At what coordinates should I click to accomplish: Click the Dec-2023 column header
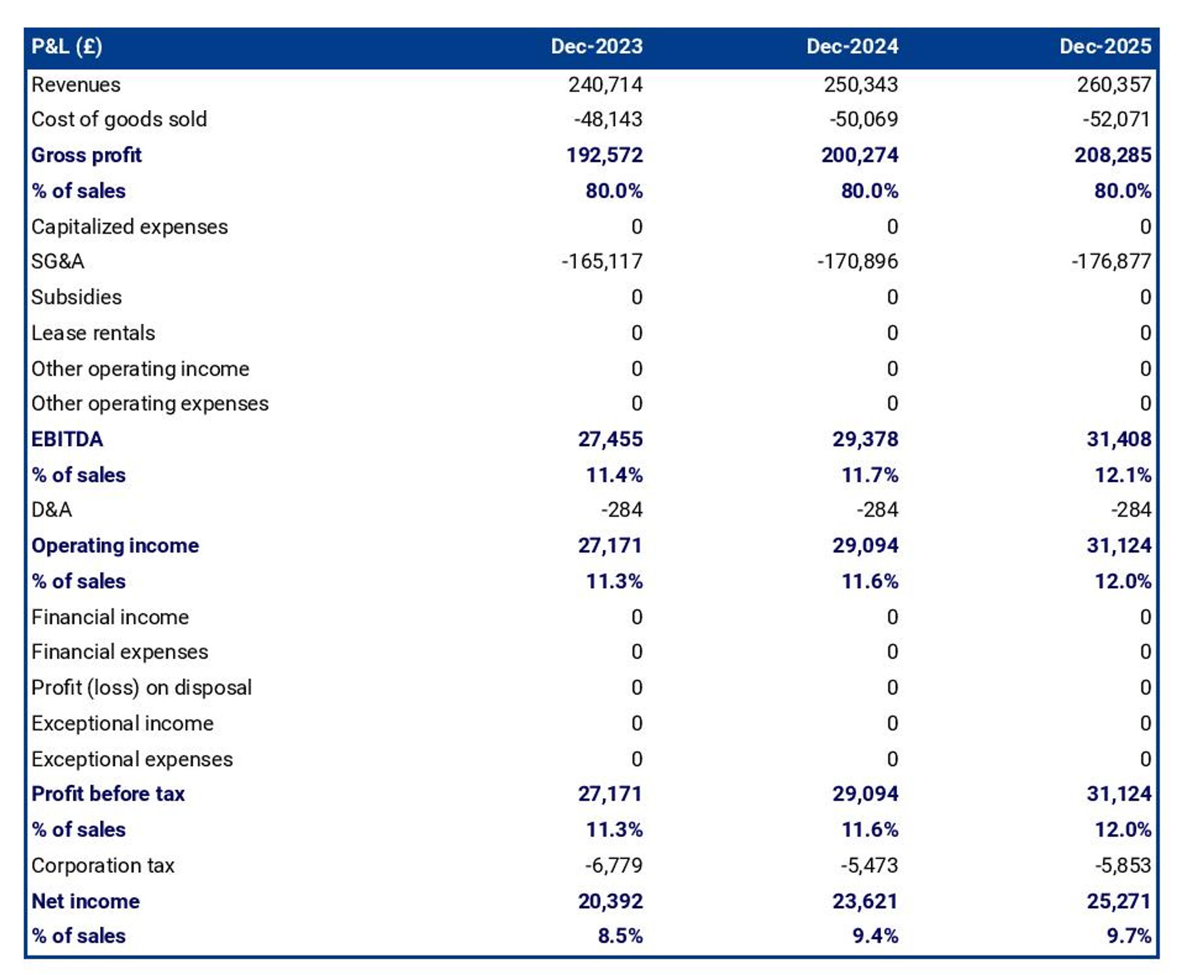[x=596, y=46]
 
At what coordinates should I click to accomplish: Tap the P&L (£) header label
[x=67, y=46]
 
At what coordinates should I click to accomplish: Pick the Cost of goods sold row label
[x=119, y=119]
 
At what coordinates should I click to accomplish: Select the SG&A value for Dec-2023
[x=601, y=261]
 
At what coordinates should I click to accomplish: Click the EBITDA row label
[x=67, y=439]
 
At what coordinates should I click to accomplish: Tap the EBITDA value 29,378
[x=865, y=439]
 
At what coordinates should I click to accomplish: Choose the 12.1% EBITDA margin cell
[x=1122, y=475]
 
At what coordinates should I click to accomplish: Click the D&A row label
[x=52, y=509]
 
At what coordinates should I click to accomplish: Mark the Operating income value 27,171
[x=609, y=545]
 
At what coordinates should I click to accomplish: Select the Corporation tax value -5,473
[x=868, y=866]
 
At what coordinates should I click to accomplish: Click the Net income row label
[x=86, y=901]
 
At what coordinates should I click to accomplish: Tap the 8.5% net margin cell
[x=619, y=936]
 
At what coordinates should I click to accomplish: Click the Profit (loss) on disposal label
[x=141, y=688]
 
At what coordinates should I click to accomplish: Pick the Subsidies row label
[x=77, y=297]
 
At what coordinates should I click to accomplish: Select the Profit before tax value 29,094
[x=865, y=794]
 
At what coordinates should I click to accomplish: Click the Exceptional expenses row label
[x=132, y=759]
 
